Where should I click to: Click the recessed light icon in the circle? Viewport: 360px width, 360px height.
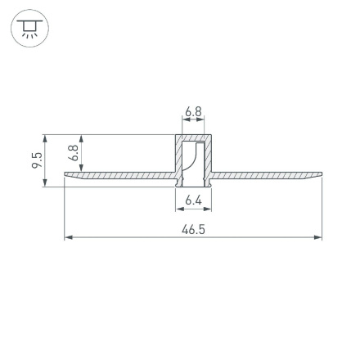pos(29,29)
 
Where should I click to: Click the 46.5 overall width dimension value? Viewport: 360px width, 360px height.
pos(193,229)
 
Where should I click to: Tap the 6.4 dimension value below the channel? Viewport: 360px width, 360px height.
pos(193,200)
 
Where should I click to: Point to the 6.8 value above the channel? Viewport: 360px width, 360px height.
pos(193,110)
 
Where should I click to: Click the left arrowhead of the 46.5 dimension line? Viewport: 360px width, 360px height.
pos(68,237)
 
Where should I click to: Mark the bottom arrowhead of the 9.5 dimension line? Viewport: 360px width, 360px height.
pos(45,182)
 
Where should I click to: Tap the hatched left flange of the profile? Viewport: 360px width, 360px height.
pos(123,175)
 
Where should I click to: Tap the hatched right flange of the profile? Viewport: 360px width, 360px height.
pos(262,175)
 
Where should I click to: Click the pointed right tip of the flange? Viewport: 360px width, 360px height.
pos(322,174)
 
